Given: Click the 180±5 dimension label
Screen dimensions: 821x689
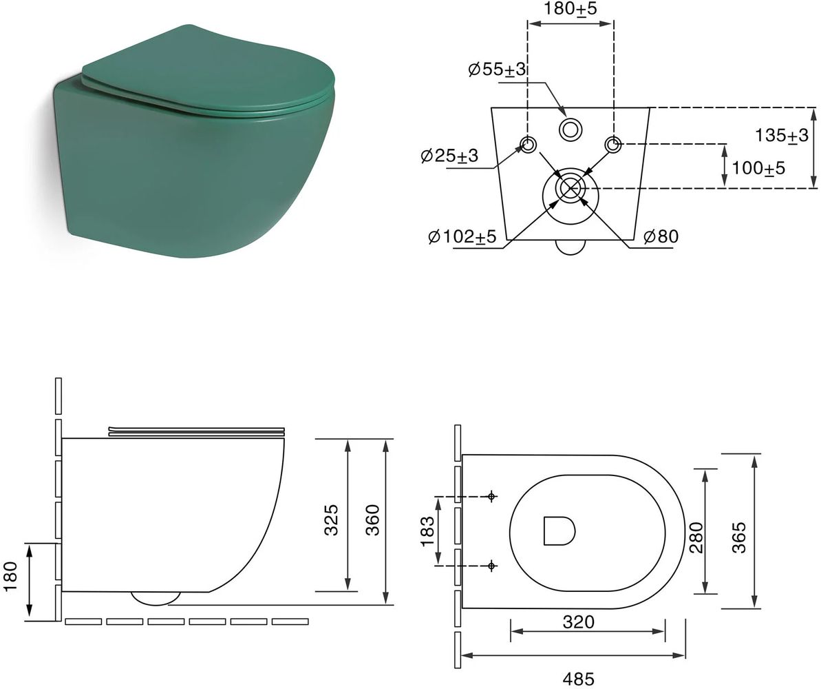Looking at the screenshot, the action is tap(571, 8).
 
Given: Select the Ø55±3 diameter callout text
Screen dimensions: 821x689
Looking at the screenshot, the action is tap(498, 69).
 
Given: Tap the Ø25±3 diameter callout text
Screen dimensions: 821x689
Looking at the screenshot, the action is tap(449, 155).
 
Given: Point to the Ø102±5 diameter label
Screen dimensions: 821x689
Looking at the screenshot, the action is tap(462, 236).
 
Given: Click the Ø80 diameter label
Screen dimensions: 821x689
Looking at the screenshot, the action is tap(661, 236).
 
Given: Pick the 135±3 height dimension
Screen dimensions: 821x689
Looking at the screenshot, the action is tap(782, 135).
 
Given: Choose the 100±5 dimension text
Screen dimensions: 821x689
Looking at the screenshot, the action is tap(758, 168).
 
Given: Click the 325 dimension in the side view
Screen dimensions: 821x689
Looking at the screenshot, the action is tap(332, 520).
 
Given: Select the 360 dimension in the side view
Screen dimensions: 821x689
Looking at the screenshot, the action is tap(372, 520).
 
